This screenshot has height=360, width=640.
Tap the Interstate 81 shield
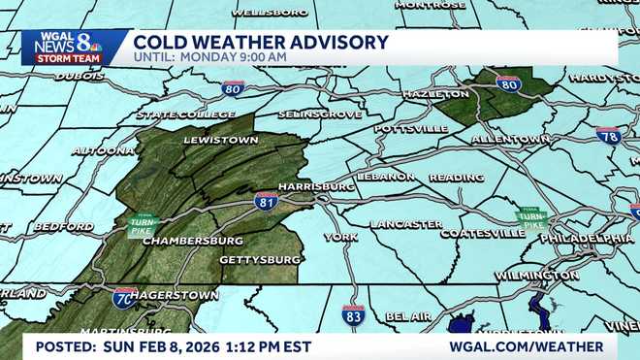267,201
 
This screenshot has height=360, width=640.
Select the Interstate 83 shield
353,314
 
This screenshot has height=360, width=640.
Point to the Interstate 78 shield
608,136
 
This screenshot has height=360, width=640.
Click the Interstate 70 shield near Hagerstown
124,297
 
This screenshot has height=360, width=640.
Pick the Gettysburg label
260,260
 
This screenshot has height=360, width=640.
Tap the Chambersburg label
193,240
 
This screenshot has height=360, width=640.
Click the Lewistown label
221,140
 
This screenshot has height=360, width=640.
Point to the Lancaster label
405,224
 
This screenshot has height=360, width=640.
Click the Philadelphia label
587,238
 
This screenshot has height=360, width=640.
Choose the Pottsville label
410,128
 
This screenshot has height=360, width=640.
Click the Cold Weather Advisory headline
262,42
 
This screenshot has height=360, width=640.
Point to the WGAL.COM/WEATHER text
526,346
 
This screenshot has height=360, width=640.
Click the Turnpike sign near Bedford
143,226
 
